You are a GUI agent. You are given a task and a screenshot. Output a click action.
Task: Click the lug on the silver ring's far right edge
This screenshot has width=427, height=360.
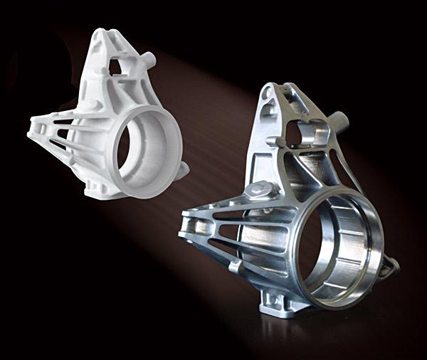click(390, 266)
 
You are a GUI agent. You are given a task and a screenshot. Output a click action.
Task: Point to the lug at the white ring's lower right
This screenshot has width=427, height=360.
click(183, 169)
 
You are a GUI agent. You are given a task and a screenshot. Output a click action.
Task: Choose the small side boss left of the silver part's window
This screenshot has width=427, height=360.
click(272, 142)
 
